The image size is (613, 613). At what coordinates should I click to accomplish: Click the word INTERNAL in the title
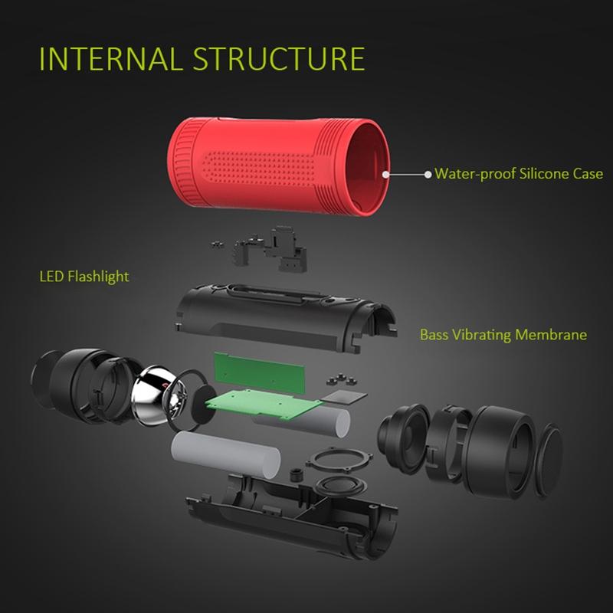point(110,59)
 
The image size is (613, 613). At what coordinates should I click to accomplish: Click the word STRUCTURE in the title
point(279,59)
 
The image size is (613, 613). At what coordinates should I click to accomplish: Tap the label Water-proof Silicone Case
point(519,174)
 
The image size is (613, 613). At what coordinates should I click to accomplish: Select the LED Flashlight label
point(84,277)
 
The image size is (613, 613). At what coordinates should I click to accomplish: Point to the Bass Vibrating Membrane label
point(503,335)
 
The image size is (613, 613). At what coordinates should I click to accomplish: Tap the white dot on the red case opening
point(385,175)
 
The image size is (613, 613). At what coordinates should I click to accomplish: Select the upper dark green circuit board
point(259,372)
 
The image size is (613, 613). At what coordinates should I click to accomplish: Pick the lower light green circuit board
point(263,404)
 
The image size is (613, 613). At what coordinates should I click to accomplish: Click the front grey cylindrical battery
point(226,454)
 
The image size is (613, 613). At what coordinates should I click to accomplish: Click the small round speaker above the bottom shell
point(340,487)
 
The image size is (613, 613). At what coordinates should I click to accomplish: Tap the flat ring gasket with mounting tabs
point(339,461)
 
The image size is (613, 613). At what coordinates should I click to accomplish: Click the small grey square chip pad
point(343,398)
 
